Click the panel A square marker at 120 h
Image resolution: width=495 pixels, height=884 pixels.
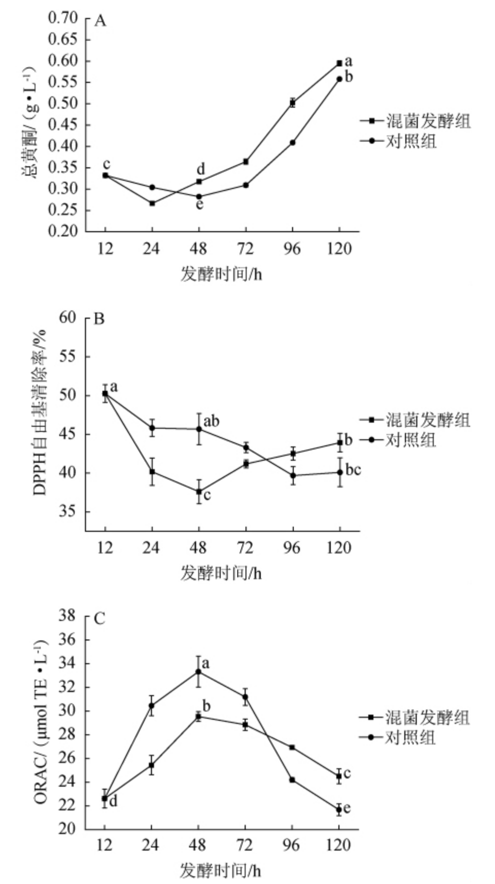pos(339,63)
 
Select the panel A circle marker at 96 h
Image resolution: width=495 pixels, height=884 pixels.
pos(293,142)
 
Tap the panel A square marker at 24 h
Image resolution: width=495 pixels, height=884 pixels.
pos(152,203)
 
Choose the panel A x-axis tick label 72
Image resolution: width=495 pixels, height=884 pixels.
pos(245,250)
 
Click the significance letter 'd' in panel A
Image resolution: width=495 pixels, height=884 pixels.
pos(201,169)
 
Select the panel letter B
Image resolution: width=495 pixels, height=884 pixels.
pos(99,319)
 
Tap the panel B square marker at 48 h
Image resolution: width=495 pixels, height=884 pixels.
pos(198,492)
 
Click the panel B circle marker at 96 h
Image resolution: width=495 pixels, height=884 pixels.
pos(293,475)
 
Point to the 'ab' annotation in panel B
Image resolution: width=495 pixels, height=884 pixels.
pos(211,422)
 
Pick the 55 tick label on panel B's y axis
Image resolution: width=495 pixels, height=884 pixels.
pos(71,357)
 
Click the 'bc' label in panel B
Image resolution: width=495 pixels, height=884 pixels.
pos(353,470)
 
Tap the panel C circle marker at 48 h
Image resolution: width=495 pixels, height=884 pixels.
pos(198,671)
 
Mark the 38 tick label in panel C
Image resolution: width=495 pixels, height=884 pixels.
pos(71,616)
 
